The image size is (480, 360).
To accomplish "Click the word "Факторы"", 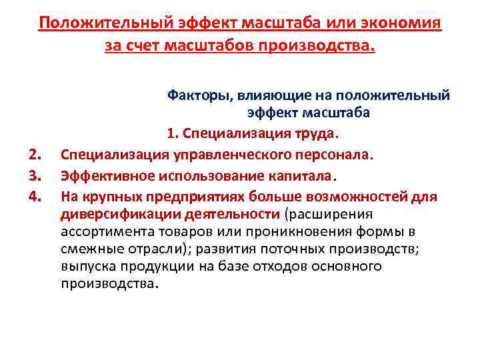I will pos(195,95).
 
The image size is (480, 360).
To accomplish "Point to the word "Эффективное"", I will pos(103,176).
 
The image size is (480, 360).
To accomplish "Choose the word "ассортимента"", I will pos(101,231).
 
